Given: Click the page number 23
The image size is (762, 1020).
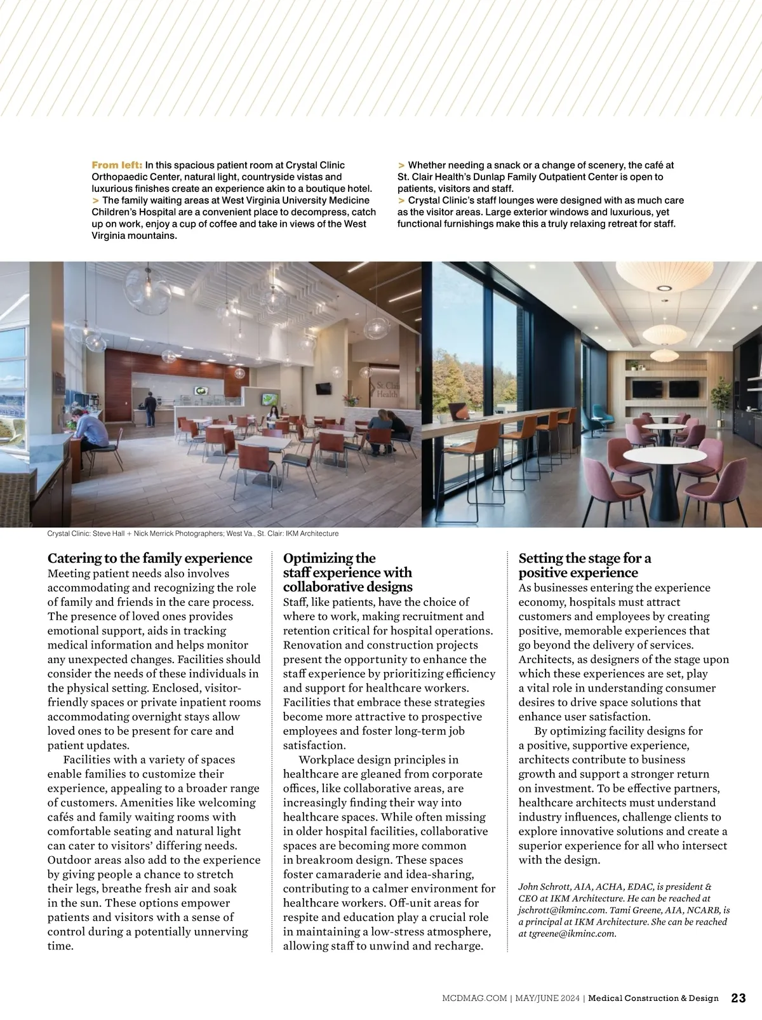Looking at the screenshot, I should tap(739, 998).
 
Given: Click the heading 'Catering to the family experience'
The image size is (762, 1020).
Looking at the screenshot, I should tap(150, 558).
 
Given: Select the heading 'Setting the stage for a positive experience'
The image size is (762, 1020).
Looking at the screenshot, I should tap(584, 565).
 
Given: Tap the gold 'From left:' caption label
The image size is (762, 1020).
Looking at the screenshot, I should tap(117, 165).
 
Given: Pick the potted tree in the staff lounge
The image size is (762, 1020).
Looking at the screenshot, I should tap(721, 400).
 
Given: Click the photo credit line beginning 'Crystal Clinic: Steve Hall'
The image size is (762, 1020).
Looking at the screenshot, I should tap(193, 533).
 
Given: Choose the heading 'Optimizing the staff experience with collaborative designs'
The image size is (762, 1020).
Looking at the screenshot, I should tap(348, 572).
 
